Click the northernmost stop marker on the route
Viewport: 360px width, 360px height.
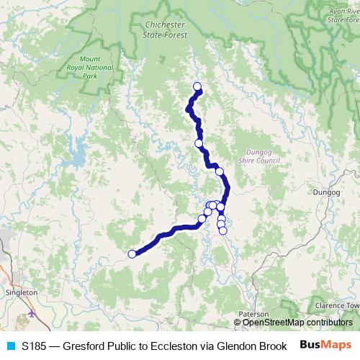(197, 87)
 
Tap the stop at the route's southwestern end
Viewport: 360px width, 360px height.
(132, 253)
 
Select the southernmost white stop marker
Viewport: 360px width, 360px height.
(222, 231)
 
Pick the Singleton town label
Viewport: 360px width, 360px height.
(21, 293)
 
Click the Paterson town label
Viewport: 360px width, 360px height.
(254, 315)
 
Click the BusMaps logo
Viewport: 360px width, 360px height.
(325, 346)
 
